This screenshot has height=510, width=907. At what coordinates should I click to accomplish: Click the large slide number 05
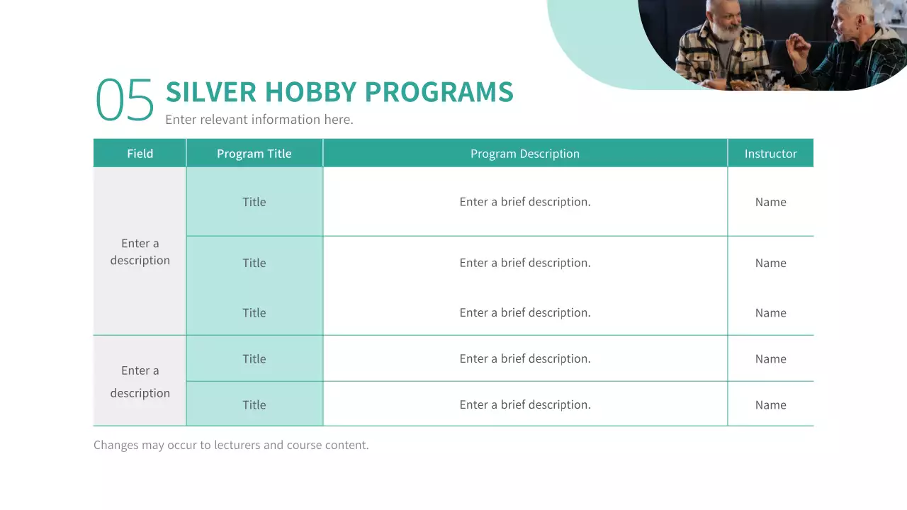[x=125, y=100]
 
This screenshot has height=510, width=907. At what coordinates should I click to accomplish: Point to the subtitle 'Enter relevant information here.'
[x=259, y=120]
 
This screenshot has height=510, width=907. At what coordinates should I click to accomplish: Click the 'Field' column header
[x=140, y=154]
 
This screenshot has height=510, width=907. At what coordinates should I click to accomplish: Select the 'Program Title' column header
[x=254, y=154]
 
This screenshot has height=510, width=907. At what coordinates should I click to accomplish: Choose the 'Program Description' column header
[x=524, y=154]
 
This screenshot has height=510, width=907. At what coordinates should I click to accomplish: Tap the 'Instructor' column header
[x=770, y=154]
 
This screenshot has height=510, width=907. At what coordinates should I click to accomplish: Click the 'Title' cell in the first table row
[x=254, y=202]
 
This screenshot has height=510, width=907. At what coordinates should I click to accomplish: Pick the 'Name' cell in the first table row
[x=770, y=202]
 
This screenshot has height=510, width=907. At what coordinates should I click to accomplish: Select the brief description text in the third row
[x=524, y=313]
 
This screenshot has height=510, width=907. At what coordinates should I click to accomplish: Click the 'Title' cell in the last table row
[x=254, y=405]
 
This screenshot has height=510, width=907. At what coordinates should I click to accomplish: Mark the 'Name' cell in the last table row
[x=770, y=405]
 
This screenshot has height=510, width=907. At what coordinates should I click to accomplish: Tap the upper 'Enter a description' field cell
[x=140, y=251]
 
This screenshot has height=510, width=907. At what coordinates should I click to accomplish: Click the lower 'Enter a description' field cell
[x=140, y=382]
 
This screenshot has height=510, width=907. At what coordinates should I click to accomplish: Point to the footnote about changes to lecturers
[x=231, y=446]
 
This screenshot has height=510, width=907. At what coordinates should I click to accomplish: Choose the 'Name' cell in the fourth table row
[x=770, y=359]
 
